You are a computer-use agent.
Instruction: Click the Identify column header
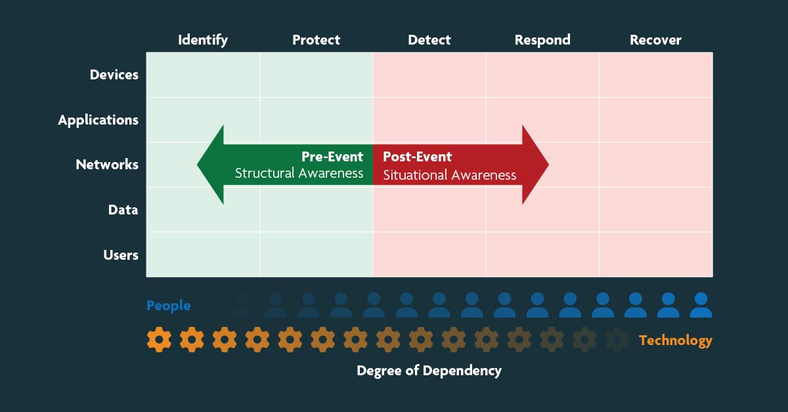(x=203, y=40)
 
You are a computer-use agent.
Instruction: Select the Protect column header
(x=316, y=40)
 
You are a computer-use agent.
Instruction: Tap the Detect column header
(x=429, y=40)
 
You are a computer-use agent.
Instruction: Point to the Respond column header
(x=542, y=40)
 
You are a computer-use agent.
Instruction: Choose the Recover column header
(x=655, y=40)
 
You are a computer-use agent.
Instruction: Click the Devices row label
(x=114, y=75)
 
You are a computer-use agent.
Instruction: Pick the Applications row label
(x=98, y=120)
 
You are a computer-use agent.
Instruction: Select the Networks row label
(x=107, y=165)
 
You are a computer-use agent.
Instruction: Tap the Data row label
(x=123, y=210)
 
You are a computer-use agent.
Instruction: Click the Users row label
(x=121, y=255)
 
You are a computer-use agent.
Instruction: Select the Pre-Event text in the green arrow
(x=332, y=157)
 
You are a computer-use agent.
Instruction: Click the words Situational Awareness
(x=450, y=175)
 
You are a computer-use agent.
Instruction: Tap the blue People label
(x=169, y=306)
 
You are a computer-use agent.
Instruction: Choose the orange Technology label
(x=675, y=340)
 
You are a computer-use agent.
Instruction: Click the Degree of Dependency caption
(x=429, y=371)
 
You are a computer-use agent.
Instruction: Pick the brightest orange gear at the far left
(x=159, y=340)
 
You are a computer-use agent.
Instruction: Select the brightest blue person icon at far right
(x=701, y=305)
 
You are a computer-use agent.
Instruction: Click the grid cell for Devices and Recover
(x=656, y=75)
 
